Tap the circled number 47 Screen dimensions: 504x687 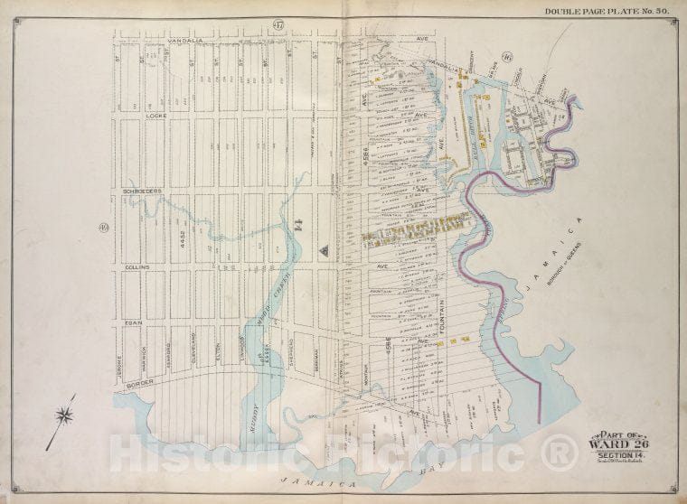(277, 24)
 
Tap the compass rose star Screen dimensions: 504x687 (64, 416)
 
